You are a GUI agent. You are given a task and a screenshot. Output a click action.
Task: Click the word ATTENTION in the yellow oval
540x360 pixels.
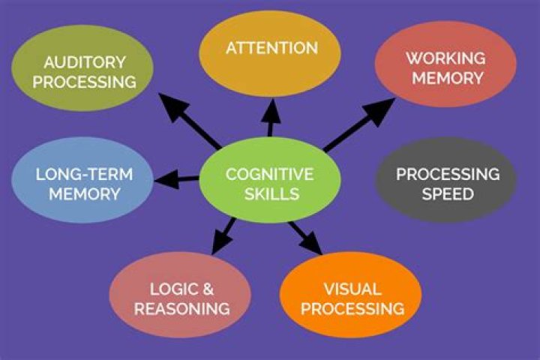click(271, 48)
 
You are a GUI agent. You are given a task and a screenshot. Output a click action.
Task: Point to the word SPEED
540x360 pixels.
click(447, 194)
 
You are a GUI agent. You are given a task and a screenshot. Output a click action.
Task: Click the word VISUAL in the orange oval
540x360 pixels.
click(352, 289)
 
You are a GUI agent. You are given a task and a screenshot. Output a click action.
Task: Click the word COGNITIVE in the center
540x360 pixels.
click(269, 174)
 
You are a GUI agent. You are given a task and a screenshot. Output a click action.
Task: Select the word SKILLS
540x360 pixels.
click(269, 193)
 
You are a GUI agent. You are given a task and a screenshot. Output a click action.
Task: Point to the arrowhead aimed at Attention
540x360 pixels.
click(271, 106)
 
